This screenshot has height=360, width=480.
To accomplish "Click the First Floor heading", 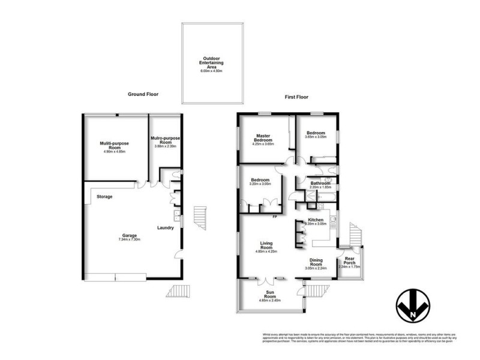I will click(296, 97).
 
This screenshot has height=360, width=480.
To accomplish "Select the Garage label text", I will click(130, 235).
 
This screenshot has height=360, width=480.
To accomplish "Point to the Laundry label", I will click(165, 227).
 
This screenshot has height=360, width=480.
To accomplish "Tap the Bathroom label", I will click(320, 183).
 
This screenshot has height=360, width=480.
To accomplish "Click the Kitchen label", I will click(316, 220).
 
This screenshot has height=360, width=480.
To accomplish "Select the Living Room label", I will click(266, 245).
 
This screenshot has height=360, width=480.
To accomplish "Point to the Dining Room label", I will click(316, 262).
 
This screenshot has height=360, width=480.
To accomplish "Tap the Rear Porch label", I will click(350, 260).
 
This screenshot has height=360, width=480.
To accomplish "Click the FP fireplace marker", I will click(275, 217).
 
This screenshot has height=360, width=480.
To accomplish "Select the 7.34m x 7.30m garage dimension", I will click(130, 240).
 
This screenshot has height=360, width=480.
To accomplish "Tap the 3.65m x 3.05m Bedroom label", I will click(316, 133).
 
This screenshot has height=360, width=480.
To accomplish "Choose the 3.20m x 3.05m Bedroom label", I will click(260, 180).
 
